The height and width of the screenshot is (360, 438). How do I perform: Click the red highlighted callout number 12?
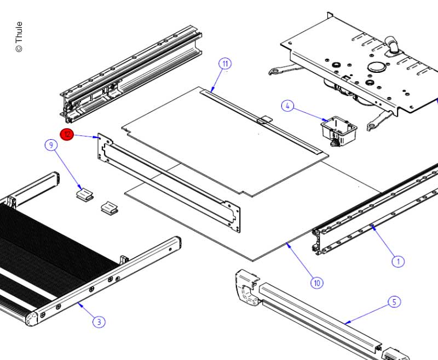click(67, 134)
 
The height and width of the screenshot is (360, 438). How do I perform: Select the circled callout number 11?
click(225, 63)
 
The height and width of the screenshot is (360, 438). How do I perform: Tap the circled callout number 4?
click(288, 106)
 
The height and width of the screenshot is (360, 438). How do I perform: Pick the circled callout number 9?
click(51, 145)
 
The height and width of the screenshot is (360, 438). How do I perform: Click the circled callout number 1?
click(398, 261)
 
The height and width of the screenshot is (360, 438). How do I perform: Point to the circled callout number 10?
click(316, 283)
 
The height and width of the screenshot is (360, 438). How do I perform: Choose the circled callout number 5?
click(394, 302)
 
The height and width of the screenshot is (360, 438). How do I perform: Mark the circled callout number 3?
click(99, 322)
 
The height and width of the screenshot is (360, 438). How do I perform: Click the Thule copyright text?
click(19, 37)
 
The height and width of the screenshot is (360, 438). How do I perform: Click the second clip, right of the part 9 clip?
click(109, 207)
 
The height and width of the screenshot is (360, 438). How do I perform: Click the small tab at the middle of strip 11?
click(264, 119)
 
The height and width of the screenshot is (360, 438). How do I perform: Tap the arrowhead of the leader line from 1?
click(371, 225)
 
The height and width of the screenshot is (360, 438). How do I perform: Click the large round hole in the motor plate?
click(377, 67)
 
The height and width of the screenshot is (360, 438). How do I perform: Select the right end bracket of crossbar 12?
click(235, 216)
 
